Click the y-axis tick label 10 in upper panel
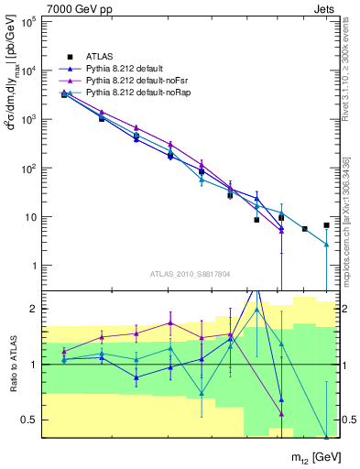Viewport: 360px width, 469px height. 31,217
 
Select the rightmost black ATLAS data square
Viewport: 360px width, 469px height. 326,224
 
